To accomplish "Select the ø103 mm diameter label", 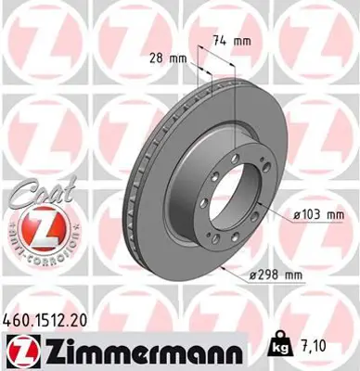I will click(317, 215).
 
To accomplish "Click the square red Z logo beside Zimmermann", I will click(20, 350).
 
